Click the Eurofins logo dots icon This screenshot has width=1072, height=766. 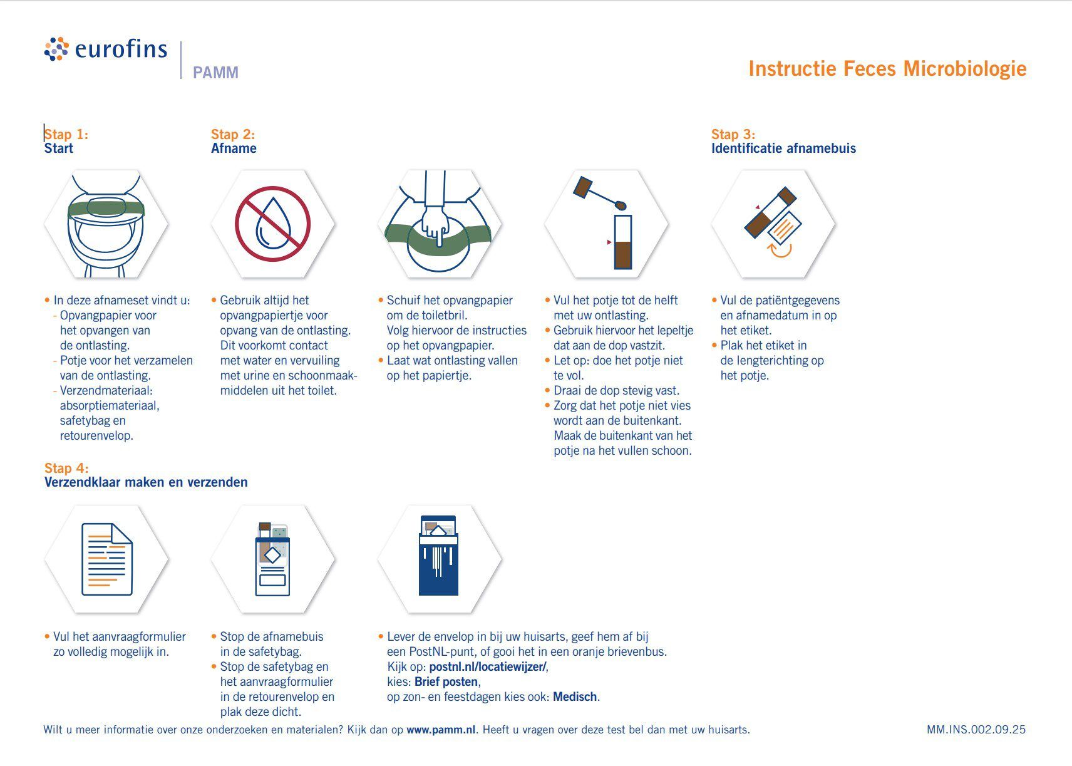pos(56,49)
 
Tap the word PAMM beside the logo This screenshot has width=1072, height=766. pos(215,73)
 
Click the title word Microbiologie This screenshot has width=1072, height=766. pos(964,68)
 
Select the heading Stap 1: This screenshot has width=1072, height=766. pos(66,134)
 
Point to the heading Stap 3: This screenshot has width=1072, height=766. pos(733,134)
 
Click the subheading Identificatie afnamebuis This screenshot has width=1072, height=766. pos(783,148)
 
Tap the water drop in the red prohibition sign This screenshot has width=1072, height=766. pos(272,224)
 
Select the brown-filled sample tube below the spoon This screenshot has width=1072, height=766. pos(622,242)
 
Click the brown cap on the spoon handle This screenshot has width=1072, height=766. pos(583,187)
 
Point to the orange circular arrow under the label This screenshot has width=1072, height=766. pos(780,250)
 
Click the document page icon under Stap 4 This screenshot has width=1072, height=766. pos(107,559)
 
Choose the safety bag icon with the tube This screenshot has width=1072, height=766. pos(272,559)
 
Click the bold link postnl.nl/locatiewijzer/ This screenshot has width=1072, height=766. pos(488,666)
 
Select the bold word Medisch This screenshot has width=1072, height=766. pos(575,696)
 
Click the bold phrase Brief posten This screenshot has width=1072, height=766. pos(446,681)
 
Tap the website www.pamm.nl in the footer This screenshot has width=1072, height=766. pos(441,730)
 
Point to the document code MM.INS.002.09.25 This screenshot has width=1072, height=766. pos(976,730)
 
